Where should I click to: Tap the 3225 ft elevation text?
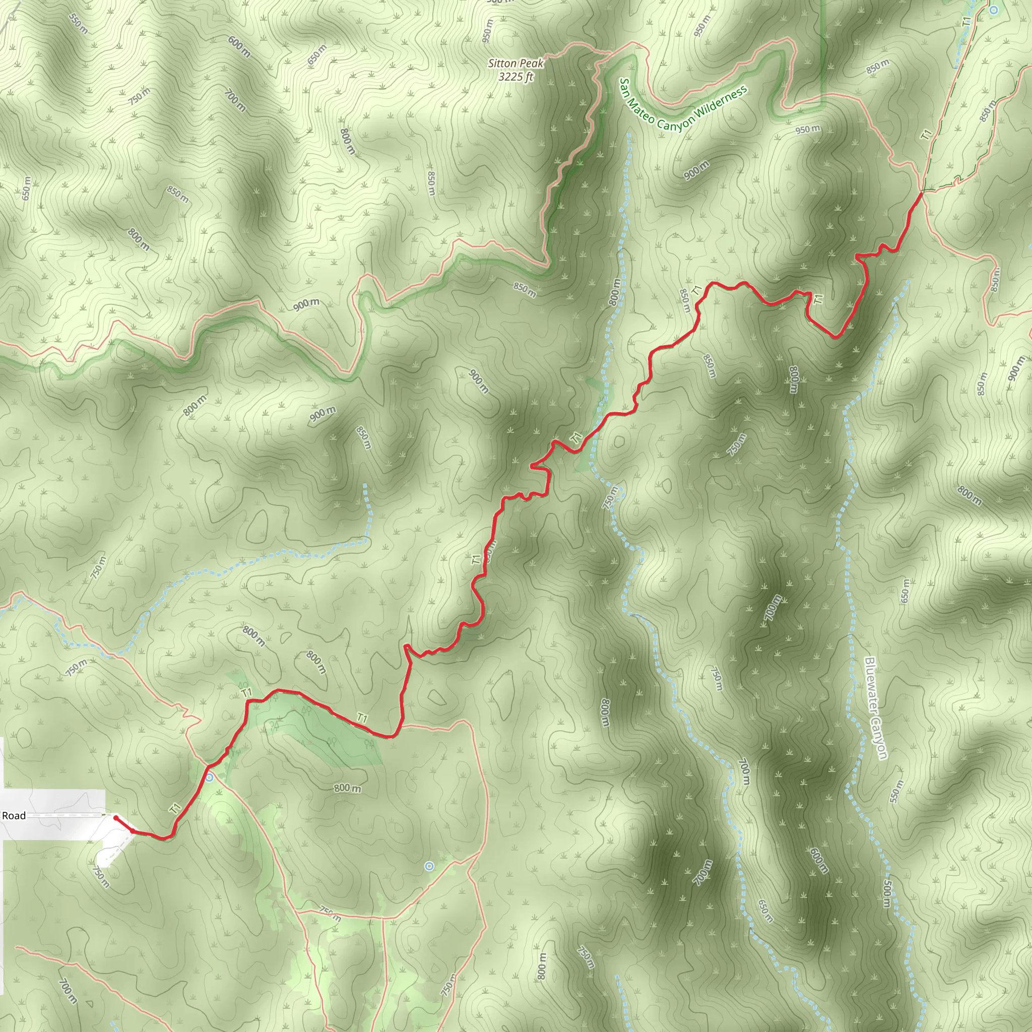point(515,77)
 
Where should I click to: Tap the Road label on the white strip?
point(14,816)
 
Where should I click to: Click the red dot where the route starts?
point(116,818)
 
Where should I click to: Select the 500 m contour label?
point(886,893)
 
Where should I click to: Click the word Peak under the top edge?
point(531,63)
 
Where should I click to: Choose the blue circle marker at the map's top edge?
point(994,10)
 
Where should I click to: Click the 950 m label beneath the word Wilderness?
point(807,130)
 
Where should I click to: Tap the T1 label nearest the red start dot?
point(176,808)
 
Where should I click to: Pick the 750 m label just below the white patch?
point(101,877)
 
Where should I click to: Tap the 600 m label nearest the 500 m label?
point(818,861)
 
